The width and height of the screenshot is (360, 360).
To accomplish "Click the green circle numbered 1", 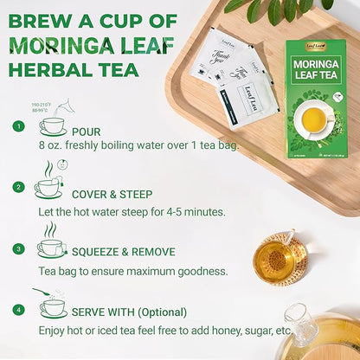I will point(18,126).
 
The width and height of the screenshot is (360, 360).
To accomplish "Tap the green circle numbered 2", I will point(18,186).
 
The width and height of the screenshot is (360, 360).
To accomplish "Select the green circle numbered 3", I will point(18,247).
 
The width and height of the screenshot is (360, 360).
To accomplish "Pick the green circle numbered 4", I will point(18,308).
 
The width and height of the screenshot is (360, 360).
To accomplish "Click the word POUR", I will point(86,132).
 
